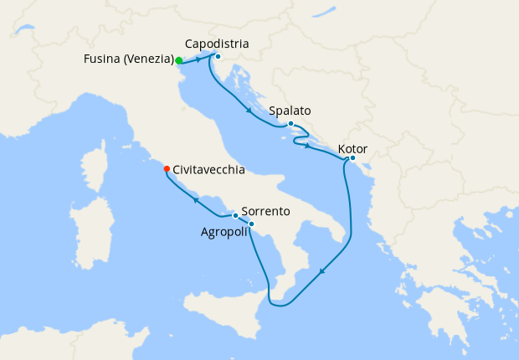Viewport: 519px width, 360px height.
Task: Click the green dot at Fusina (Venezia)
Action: [x=179, y=60]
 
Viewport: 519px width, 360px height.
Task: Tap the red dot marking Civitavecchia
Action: [x=167, y=169]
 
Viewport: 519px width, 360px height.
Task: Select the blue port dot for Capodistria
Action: [x=217, y=57]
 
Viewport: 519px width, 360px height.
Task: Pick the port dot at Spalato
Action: [x=290, y=125]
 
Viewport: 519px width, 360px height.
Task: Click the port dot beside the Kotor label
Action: [x=352, y=158]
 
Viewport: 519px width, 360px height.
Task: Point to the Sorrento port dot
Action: [x=235, y=216]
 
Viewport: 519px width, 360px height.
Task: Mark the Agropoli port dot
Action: [x=252, y=224]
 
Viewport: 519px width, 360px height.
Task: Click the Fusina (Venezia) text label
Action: [x=129, y=59]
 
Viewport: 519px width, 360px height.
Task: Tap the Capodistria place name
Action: [x=217, y=44]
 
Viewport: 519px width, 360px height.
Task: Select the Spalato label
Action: [x=290, y=111]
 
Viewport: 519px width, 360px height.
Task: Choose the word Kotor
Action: [x=352, y=150]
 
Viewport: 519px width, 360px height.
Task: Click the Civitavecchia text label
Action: [x=208, y=169]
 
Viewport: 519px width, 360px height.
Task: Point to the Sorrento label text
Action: [x=265, y=212]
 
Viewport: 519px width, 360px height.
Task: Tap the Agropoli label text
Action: [x=224, y=232]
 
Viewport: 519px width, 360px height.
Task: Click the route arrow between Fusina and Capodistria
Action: [x=198, y=60]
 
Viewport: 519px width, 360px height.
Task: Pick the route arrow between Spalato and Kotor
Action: [x=309, y=147]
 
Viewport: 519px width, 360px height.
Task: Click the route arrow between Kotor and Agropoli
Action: [x=322, y=271]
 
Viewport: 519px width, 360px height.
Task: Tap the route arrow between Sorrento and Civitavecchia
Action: [x=195, y=200]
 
